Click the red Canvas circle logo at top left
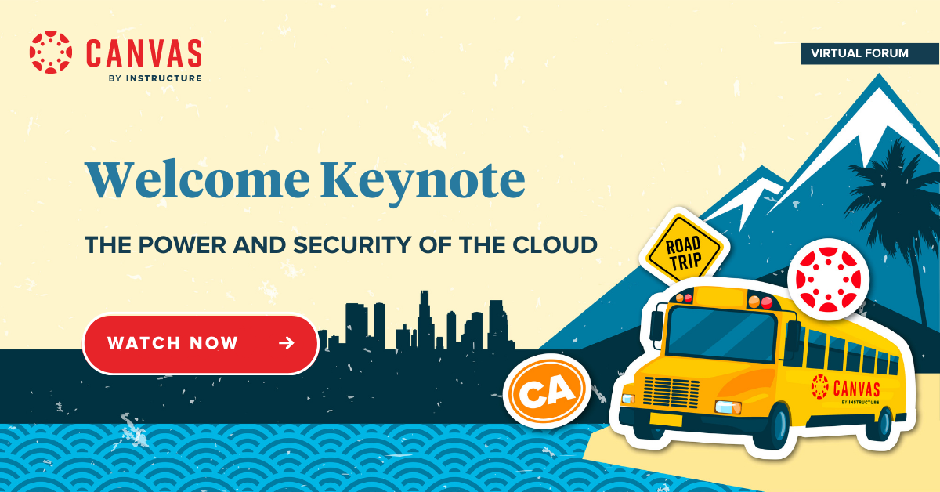pyautogui.click(x=51, y=52)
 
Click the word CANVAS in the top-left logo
pyautogui.click(x=144, y=53)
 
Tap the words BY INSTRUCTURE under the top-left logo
pyautogui.click(x=155, y=78)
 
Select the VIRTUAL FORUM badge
pyautogui.click(x=870, y=54)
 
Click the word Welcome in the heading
pyautogui.click(x=197, y=179)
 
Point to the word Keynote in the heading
pyautogui.click(x=423, y=183)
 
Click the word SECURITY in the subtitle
pyautogui.click(x=352, y=244)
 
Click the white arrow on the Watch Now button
pyautogui.click(x=287, y=343)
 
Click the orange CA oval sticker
pyautogui.click(x=547, y=391)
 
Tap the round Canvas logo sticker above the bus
pyautogui.click(x=829, y=280)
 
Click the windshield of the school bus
pyautogui.click(x=721, y=332)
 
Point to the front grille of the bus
pyautogui.click(x=671, y=392)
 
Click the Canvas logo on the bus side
pyautogui.click(x=845, y=389)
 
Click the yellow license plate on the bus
pyautogui.click(x=666, y=419)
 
